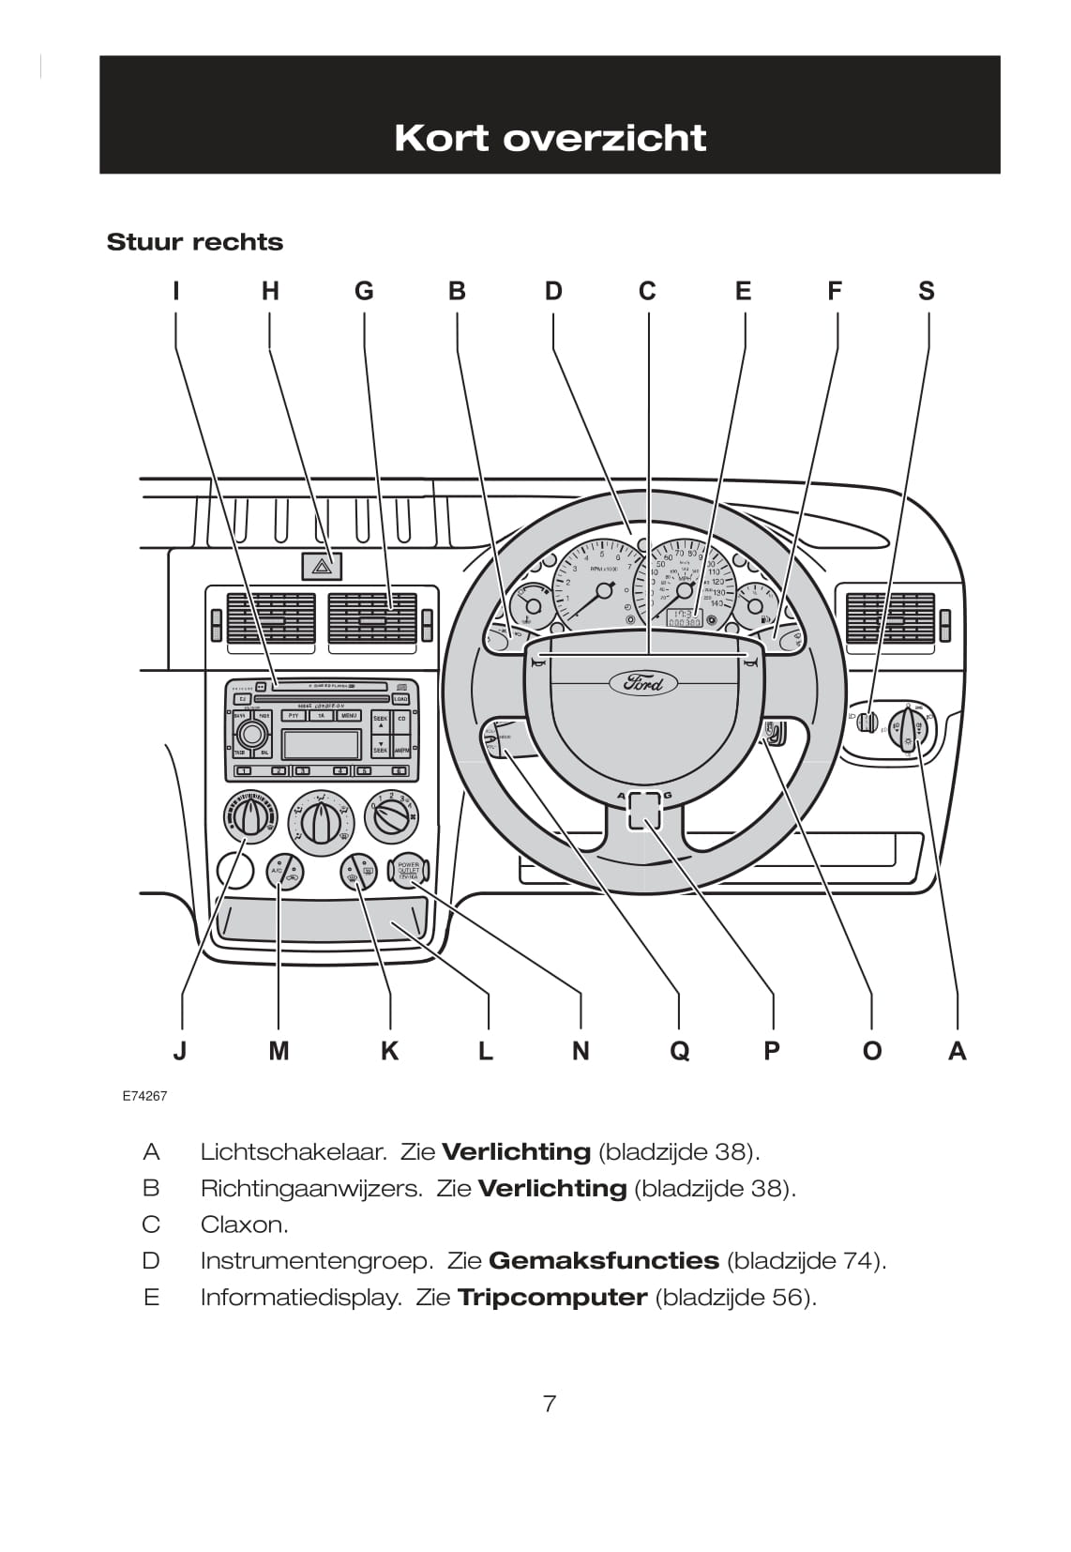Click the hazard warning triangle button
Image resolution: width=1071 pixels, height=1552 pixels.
[321, 566]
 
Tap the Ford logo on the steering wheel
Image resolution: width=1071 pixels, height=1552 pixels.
[643, 682]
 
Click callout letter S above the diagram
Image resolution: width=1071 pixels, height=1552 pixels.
[927, 291]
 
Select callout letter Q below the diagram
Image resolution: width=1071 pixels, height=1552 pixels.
[679, 1050]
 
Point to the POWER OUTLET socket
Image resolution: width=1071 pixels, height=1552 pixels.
[409, 871]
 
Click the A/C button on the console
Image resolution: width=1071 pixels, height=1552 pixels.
[283, 872]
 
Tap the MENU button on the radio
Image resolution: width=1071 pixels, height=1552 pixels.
[349, 716]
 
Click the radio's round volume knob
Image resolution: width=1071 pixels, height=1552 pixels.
[250, 733]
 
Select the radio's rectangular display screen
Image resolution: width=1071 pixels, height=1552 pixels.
[321, 745]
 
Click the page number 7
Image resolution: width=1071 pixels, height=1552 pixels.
[550, 1404]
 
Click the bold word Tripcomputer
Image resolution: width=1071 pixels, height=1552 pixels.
[551, 1298]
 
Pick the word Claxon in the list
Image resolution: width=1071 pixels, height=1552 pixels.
[244, 1225]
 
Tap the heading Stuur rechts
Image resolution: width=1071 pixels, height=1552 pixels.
[195, 242]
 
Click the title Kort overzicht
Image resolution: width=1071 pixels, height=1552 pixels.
[550, 138]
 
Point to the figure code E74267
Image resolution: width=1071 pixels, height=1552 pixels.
[144, 1095]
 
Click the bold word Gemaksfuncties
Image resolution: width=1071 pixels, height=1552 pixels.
[603, 1261]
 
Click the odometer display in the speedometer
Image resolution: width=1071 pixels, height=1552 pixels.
[684, 621]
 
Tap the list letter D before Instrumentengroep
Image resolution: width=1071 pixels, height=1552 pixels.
[151, 1261]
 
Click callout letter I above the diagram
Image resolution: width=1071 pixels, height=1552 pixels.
[175, 291]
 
